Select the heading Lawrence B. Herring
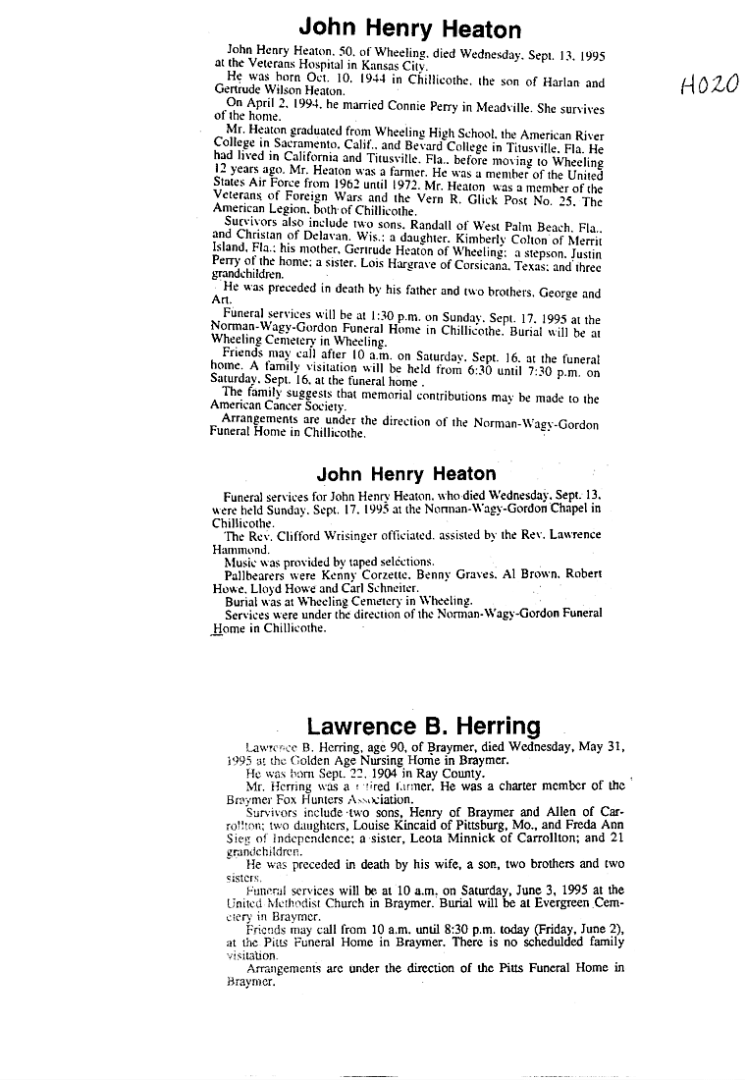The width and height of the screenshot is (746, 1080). [x=423, y=727]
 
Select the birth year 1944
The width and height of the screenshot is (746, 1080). [x=331, y=83]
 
